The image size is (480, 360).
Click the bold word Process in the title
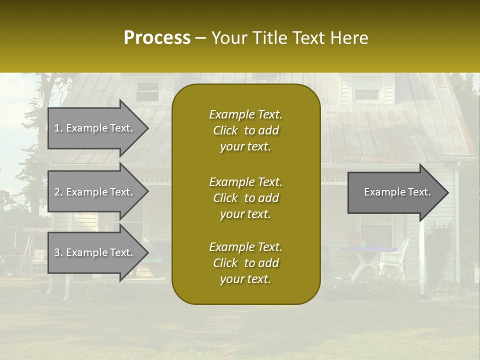[157, 38]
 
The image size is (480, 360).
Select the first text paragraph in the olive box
[245, 130]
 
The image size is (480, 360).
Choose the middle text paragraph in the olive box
[245, 197]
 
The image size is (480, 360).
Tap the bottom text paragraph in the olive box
[245, 263]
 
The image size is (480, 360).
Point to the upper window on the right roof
[366, 90]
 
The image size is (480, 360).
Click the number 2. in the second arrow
[58, 192]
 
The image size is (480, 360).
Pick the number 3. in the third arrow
[58, 252]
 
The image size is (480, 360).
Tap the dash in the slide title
[201, 38]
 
